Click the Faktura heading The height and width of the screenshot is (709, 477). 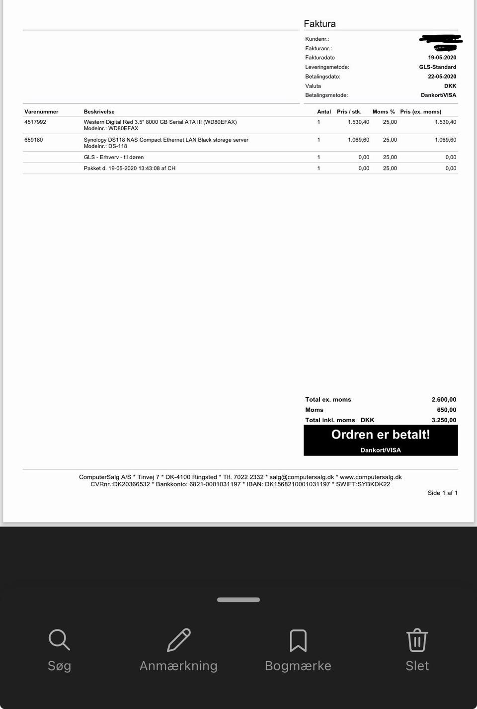[319, 24]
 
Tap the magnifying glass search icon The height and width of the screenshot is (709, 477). [59, 640]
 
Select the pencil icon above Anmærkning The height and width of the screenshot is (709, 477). [178, 640]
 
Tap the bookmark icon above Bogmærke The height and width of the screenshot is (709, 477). [298, 640]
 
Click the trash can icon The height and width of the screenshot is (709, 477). [417, 640]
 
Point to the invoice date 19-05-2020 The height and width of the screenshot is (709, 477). [442, 58]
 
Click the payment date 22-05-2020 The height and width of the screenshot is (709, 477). [442, 77]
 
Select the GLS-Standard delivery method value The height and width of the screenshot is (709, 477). [437, 67]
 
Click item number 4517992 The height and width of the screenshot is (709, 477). [35, 122]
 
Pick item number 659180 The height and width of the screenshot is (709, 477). [34, 140]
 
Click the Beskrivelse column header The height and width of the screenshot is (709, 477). [99, 112]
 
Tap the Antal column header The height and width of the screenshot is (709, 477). [324, 112]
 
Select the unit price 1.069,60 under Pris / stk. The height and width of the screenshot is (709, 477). [358, 140]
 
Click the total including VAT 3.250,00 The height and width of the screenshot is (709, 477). [444, 420]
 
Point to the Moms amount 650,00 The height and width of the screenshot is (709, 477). [446, 410]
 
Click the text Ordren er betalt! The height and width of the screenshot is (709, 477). [381, 435]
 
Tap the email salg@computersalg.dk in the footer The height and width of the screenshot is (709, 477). [302, 477]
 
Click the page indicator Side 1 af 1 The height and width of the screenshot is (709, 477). [442, 493]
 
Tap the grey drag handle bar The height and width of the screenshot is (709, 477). [238, 600]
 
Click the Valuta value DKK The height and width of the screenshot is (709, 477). [450, 86]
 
